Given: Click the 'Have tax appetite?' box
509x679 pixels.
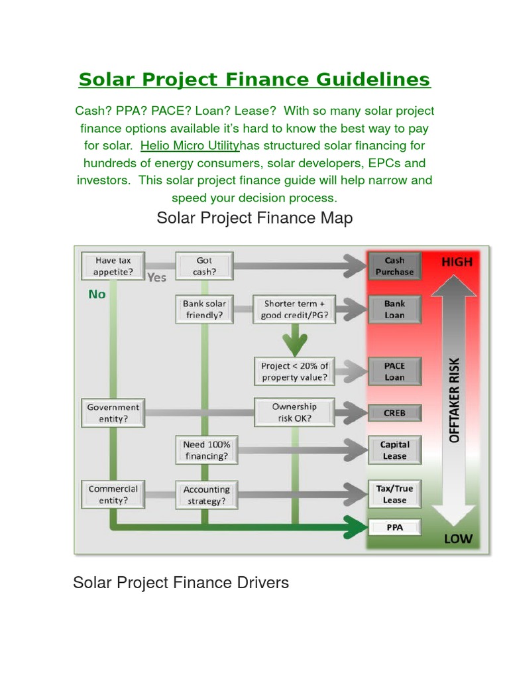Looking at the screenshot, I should click(x=112, y=266).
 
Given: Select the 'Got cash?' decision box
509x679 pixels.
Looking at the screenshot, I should click(x=204, y=266).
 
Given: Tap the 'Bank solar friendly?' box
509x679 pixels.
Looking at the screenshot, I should click(x=204, y=309).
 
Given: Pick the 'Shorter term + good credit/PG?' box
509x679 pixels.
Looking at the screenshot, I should click(x=294, y=309).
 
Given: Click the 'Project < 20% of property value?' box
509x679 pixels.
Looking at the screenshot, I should click(x=294, y=371).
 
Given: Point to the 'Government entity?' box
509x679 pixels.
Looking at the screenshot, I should click(x=113, y=412).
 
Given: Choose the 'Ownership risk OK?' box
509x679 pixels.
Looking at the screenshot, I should click(x=294, y=412).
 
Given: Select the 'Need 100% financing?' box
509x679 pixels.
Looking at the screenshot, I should click(x=207, y=450).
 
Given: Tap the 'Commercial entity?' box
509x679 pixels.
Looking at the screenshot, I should click(x=113, y=494).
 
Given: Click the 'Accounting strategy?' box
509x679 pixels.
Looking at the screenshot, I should click(x=207, y=495).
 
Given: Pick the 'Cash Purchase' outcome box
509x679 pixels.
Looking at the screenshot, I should click(x=394, y=266).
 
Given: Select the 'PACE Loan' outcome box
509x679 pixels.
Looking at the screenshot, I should click(x=394, y=371).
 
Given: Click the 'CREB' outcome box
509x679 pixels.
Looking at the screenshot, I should click(x=394, y=412).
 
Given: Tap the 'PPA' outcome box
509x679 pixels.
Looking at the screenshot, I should click(x=394, y=528).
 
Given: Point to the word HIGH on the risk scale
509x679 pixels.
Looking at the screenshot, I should click(x=457, y=262).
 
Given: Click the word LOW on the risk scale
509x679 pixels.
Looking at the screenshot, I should click(x=458, y=538).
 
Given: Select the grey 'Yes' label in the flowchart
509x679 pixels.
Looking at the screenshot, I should click(x=157, y=277).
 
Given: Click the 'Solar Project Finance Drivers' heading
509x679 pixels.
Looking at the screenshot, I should click(x=181, y=583).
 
